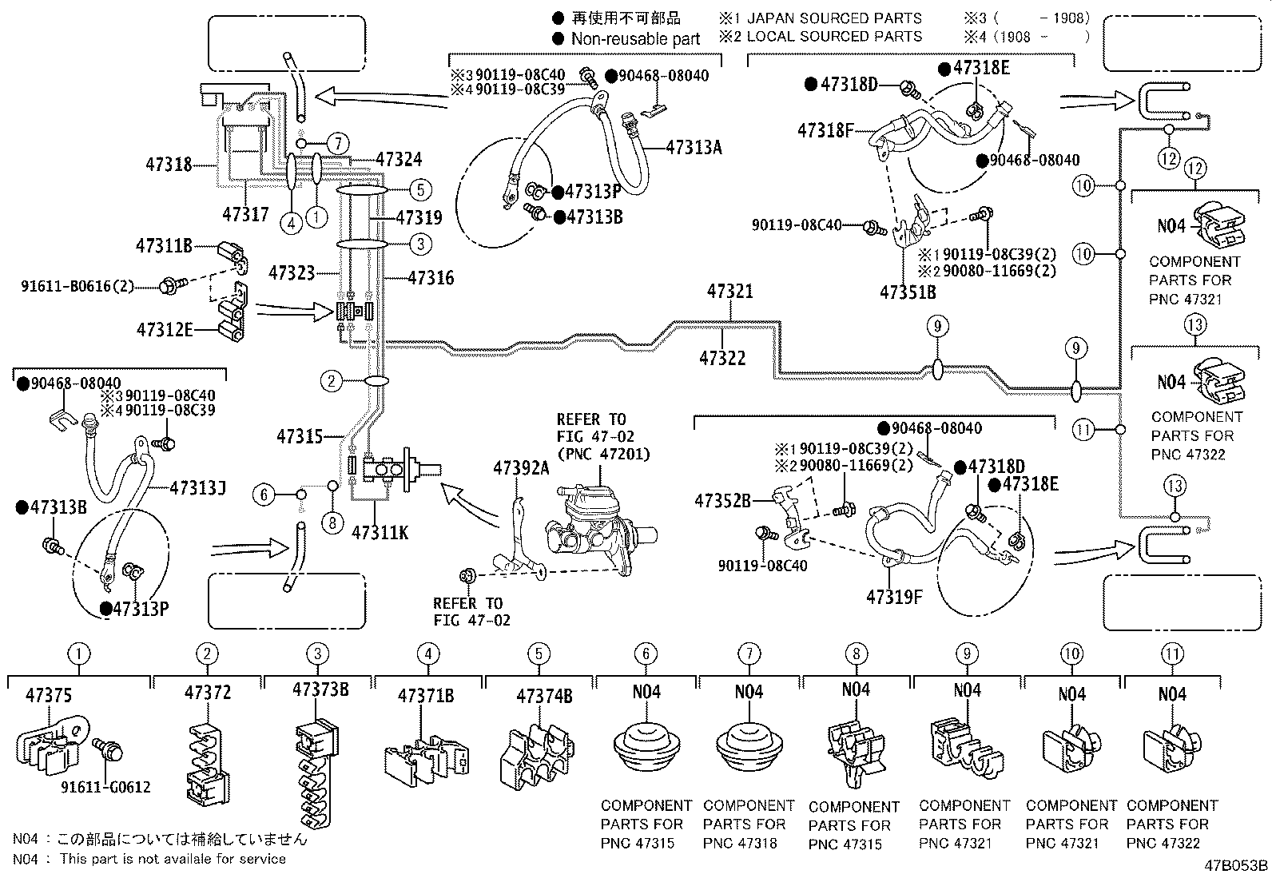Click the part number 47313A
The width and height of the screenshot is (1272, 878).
pyautogui.click(x=694, y=147)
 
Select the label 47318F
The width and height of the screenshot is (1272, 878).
pyautogui.click(x=825, y=129)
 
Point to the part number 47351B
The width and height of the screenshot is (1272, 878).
pyautogui.click(x=908, y=292)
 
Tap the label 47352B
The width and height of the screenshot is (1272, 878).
pyautogui.click(x=722, y=501)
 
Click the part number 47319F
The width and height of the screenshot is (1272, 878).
pyautogui.click(x=893, y=596)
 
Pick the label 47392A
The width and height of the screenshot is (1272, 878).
pyautogui.click(x=521, y=468)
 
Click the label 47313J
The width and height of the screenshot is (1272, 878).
pyautogui.click(x=197, y=487)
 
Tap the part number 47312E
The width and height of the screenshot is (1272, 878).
pyautogui.click(x=165, y=328)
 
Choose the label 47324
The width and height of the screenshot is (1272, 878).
pyautogui.click(x=399, y=160)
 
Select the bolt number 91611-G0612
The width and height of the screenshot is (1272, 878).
pyautogui.click(x=105, y=788)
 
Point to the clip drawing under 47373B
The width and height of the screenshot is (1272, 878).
pyautogui.click(x=317, y=771)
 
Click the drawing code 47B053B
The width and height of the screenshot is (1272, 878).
pyautogui.click(x=1236, y=865)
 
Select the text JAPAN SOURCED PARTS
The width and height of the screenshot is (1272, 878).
pyautogui.click(x=834, y=18)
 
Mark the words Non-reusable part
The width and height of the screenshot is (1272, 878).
pyautogui.click(x=635, y=38)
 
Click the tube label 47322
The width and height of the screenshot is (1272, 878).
pyautogui.click(x=722, y=358)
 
